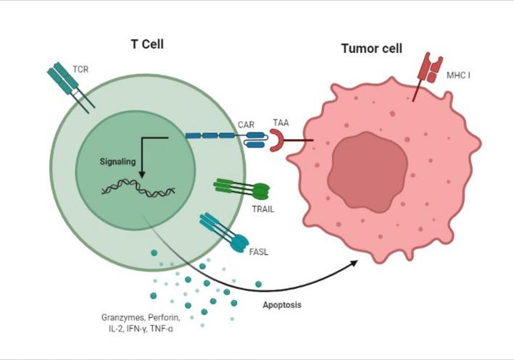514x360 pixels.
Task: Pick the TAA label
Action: [279, 124]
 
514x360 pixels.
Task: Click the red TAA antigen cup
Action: [278, 141]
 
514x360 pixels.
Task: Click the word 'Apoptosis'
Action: [282, 305]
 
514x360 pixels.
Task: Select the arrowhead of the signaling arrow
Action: [142, 175]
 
